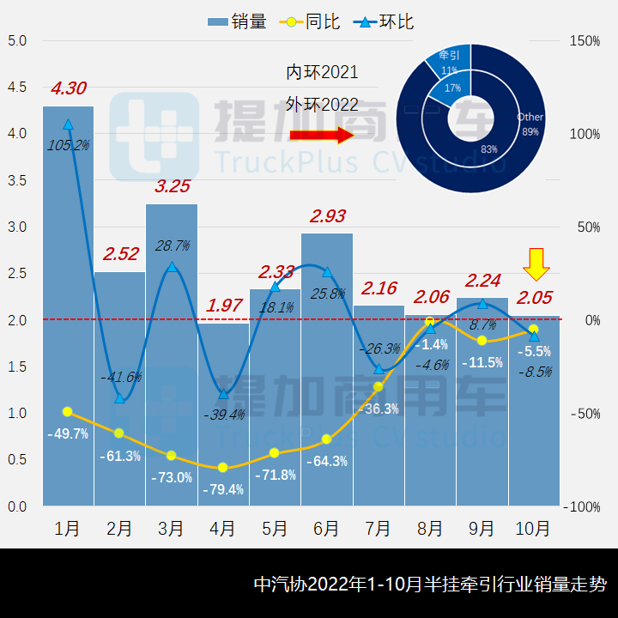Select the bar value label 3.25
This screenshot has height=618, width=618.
(171, 186)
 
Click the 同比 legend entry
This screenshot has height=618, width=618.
(312, 21)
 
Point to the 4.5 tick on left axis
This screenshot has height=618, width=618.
(17, 88)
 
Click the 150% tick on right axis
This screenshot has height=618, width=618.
(584, 40)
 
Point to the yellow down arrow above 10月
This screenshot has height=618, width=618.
(537, 264)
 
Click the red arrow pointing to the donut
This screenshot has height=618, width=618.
(321, 135)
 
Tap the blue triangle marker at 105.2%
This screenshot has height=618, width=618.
(68, 124)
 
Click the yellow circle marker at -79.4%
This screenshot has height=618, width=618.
(223, 468)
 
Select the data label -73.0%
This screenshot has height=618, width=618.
(172, 478)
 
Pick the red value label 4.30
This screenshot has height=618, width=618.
(68, 88)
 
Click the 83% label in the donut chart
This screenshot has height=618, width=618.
(489, 149)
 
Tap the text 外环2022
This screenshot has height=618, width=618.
(322, 105)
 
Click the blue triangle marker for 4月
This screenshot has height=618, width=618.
(223, 394)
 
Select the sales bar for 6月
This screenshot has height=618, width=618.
(326, 369)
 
